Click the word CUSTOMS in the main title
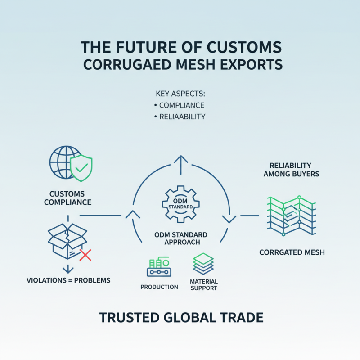tap(244, 47)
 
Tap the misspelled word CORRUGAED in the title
tap(127, 64)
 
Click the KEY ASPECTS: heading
tap(180, 94)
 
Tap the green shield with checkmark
tap(81, 168)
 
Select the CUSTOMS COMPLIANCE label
tap(68, 198)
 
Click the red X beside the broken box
tap(85, 255)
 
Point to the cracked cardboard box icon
tap(67, 241)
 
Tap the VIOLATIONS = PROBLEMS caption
tap(68, 280)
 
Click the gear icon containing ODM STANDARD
tap(181, 204)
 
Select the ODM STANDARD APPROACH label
tap(181, 238)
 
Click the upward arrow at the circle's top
tap(181, 165)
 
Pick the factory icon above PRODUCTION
tap(159, 266)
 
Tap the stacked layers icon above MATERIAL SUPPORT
tap(203, 264)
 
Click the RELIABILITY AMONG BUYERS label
tap(291, 170)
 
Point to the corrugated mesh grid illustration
tap(292, 216)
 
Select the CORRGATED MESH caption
tap(292, 252)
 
